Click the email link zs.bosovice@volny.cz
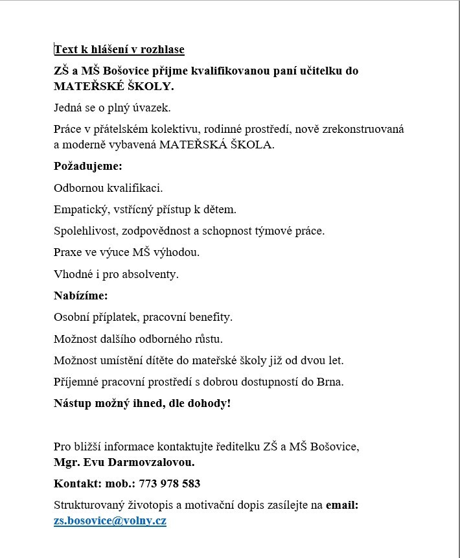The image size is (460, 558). point(110,520)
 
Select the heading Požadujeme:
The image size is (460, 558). point(87,167)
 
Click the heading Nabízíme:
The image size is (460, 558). point(81,296)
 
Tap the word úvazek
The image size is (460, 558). point(152,108)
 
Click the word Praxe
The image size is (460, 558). point(68,252)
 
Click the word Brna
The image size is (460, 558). point(331,382)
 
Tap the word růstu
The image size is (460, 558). point(209,339)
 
